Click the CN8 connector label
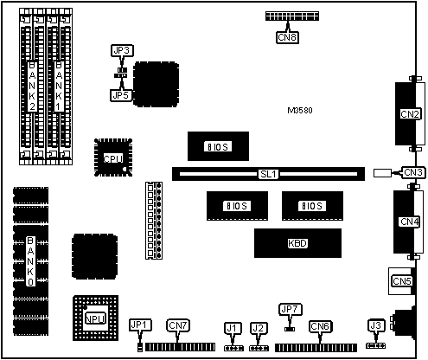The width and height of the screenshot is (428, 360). pyautogui.click(x=287, y=37)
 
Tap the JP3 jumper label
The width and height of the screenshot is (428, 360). pyautogui.click(x=122, y=51)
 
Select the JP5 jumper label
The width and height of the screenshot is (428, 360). pyautogui.click(x=121, y=95)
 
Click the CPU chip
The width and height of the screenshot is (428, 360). pyautogui.click(x=113, y=157)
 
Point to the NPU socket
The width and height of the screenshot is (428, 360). pyautogui.click(x=95, y=318)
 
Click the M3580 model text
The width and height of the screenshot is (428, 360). pyautogui.click(x=300, y=111)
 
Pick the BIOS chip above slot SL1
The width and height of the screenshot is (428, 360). pyautogui.click(x=218, y=146)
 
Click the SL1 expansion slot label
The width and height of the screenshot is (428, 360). pyautogui.click(x=268, y=174)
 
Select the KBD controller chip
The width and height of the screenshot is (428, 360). pyautogui.click(x=297, y=243)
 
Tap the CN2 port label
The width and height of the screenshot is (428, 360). pyautogui.click(x=410, y=114)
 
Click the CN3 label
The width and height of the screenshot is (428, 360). pyautogui.click(x=413, y=172)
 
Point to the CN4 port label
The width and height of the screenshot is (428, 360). pyautogui.click(x=410, y=222)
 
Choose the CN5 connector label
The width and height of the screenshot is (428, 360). pyautogui.click(x=402, y=281)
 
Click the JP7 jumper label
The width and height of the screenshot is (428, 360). pyautogui.click(x=291, y=310)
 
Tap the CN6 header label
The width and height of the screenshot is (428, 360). pyautogui.click(x=320, y=326)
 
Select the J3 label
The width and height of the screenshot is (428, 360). pyautogui.click(x=375, y=325)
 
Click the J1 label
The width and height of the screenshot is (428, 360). pyautogui.click(x=232, y=328)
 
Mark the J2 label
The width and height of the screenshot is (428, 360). pyautogui.click(x=258, y=328)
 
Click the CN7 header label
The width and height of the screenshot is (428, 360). pyautogui.click(x=178, y=325)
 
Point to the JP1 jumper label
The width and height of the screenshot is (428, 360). pyautogui.click(x=140, y=325)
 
